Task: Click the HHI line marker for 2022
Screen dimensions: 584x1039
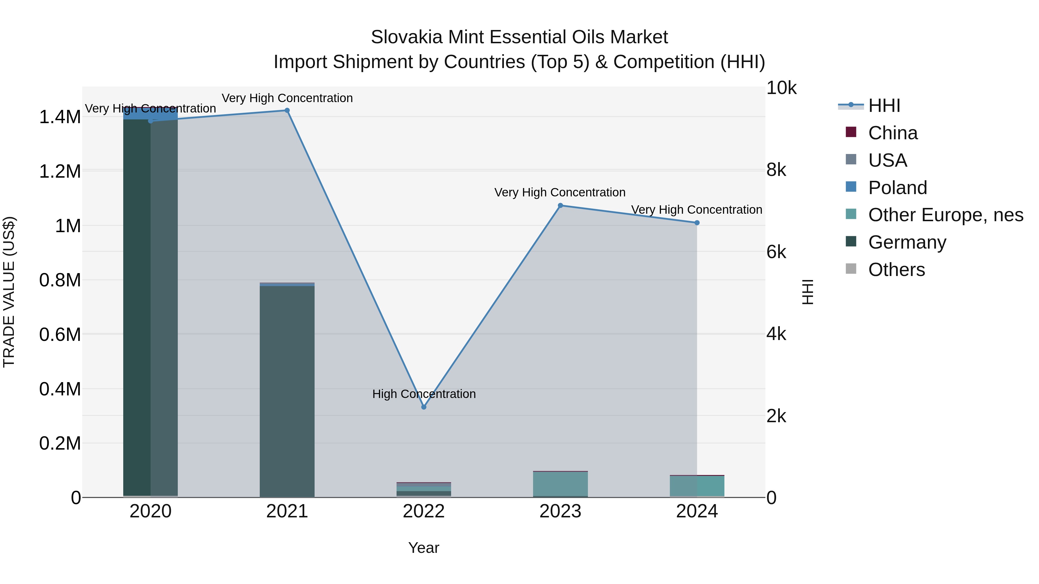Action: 423,407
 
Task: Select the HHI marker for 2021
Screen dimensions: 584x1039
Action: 287,110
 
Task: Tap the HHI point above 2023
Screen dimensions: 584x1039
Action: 560,206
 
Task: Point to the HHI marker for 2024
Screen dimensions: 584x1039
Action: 697,223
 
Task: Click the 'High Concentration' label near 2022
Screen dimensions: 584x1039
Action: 423,394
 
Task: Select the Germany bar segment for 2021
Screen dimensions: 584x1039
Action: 287,391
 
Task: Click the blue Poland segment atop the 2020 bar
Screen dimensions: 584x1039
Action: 150,114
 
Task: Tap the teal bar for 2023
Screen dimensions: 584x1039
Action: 560,484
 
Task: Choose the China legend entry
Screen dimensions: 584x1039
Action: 892,133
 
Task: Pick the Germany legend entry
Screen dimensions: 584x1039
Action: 907,242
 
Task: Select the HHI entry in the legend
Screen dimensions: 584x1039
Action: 884,106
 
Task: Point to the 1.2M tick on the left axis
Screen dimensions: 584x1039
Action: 60,171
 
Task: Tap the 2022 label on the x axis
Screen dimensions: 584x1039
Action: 423,511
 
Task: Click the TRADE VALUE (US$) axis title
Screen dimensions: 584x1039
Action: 9,292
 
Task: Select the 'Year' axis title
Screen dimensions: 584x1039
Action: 423,548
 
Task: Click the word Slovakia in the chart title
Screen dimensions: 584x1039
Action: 407,37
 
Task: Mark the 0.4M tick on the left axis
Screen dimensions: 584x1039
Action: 60,389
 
